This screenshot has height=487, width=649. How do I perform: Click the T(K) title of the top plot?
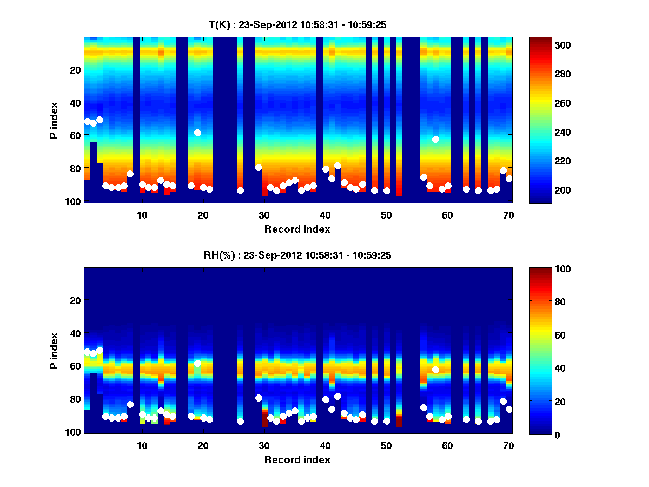click(x=297, y=25)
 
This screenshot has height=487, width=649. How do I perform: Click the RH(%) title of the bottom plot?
click(x=297, y=255)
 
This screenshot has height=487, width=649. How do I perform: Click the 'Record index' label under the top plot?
click(x=297, y=229)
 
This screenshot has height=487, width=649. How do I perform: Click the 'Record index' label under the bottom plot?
click(x=297, y=459)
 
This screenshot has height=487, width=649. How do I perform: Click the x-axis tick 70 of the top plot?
click(x=508, y=215)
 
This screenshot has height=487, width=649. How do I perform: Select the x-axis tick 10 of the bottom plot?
click(x=142, y=445)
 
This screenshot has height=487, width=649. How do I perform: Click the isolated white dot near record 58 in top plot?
click(x=435, y=139)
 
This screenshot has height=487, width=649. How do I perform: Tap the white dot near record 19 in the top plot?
click(x=197, y=133)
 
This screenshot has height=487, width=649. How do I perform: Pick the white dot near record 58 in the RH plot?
click(x=435, y=370)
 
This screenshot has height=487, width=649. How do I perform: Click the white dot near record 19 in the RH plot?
click(x=197, y=363)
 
